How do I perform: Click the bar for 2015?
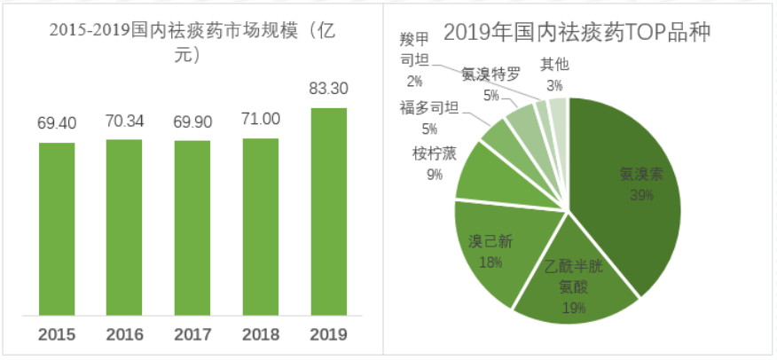(57, 228)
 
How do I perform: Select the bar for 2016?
(124, 226)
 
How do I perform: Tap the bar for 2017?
(192, 227)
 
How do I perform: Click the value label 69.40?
(57, 123)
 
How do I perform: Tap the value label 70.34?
(124, 121)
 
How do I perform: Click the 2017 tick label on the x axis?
(192, 335)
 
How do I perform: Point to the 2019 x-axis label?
(328, 335)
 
